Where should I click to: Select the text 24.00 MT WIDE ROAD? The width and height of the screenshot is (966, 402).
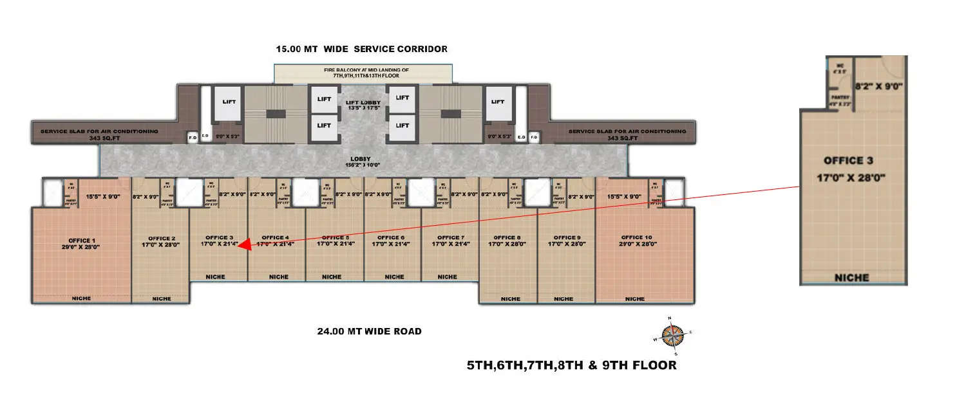[369, 332]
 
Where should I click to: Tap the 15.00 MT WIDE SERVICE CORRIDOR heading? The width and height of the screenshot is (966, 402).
[361, 49]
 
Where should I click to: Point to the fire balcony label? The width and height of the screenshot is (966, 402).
[366, 73]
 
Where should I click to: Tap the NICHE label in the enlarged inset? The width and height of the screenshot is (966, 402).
[852, 278]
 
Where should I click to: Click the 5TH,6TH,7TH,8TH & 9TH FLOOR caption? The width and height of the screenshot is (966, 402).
[572, 365]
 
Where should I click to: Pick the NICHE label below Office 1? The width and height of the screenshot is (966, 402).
[81, 298]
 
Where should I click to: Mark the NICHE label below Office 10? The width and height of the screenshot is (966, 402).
[635, 298]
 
